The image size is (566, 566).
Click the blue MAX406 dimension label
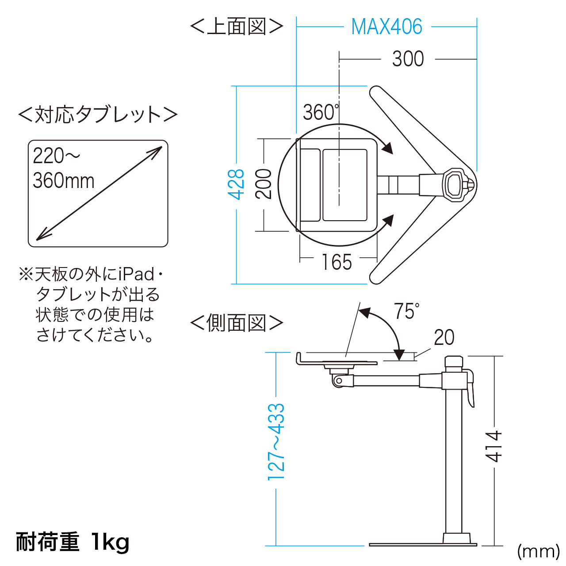tap(386, 27)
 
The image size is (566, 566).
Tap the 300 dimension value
tap(408, 59)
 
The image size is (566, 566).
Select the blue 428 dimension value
tap(236, 184)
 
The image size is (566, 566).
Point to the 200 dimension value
tap(264, 184)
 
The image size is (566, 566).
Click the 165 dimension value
tap(337, 262)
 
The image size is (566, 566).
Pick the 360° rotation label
tap(321, 112)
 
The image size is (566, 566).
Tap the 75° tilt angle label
tap(406, 311)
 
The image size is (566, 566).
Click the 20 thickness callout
tap(444, 337)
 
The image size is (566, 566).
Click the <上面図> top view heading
tap(237, 27)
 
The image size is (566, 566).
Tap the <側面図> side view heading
tap(237, 323)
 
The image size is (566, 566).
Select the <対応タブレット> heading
tap(98, 115)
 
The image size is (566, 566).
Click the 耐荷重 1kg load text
tap(73, 542)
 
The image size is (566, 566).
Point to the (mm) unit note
tap(539, 551)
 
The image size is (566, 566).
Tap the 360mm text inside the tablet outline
tap(63, 181)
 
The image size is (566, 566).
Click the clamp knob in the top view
tap(455, 185)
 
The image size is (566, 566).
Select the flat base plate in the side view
tap(423, 545)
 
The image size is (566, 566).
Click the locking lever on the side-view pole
tap(470, 389)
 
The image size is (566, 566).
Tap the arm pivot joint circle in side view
tap(339, 381)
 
